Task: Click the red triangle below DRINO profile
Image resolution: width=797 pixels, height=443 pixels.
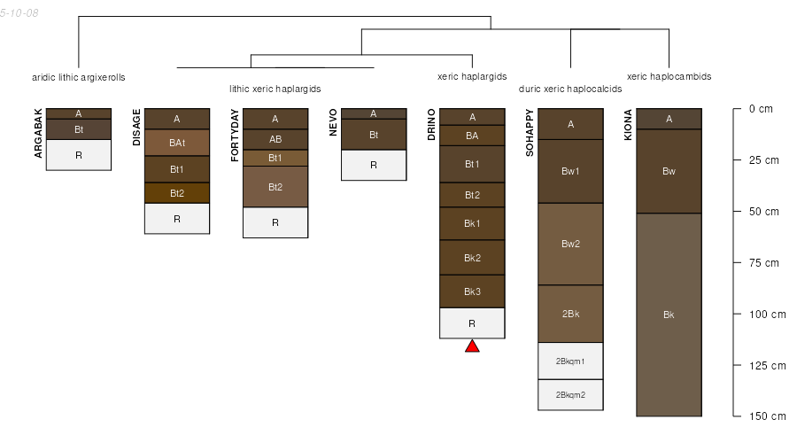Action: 472,346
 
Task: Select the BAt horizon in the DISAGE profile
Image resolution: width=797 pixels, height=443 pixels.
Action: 177,143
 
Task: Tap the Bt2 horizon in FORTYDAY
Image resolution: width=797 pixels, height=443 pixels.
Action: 275,187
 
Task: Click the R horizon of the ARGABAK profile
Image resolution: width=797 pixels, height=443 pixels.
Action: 79,155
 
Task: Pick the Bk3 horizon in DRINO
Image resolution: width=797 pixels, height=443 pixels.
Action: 472,291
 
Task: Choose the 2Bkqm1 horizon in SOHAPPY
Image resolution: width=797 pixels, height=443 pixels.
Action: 570,361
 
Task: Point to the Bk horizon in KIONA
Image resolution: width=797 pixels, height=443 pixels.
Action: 669,315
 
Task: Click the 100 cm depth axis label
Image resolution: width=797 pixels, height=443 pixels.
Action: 767,315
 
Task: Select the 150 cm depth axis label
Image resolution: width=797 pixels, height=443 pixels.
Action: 767,416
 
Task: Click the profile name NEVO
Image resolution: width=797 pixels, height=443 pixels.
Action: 333,121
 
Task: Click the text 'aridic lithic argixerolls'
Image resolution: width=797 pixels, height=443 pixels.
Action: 79,77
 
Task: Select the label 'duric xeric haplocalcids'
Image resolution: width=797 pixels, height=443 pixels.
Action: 570,89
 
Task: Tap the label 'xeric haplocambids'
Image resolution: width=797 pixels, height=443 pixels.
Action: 669,77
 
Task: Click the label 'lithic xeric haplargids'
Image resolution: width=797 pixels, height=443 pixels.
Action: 275,89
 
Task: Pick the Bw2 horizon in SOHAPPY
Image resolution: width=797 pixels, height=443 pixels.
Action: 570,244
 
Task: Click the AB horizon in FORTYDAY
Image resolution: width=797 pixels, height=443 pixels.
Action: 275,139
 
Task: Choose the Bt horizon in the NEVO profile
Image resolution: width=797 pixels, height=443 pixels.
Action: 374,135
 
